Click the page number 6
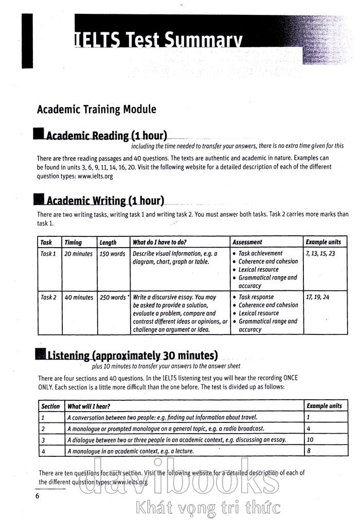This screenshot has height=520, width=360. pos(37,495)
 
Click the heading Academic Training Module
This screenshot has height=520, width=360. pos(96,109)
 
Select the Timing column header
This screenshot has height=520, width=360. pos(73,242)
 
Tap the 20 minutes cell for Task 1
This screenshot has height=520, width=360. pos(78,254)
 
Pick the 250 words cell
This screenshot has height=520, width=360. pos(112,298)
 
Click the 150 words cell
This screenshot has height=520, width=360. pos(112,254)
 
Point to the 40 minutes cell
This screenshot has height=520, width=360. pos(78,298)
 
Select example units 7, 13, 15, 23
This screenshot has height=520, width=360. pos(320,254)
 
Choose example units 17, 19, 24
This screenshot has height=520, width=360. pos(317,297)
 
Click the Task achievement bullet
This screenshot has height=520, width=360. pos(260,253)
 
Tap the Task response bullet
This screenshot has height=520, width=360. pos(256,297)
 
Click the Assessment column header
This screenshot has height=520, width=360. pos(247,242)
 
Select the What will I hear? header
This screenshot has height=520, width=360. pos(88,406)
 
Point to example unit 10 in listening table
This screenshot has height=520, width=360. pos(310,440)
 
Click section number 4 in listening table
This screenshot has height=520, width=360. pos(43,451)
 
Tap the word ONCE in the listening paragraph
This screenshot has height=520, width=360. pos(288,378)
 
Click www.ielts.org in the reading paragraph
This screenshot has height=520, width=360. pos(95,176)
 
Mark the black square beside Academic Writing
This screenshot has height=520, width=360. pos(38,199)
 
